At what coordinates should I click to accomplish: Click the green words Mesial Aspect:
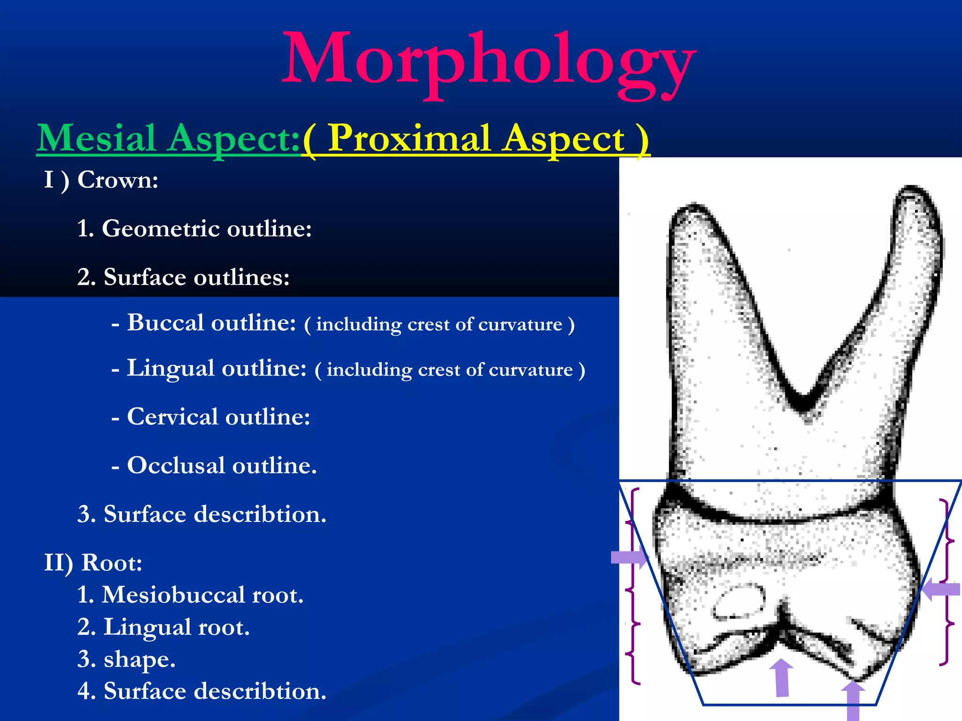coord(168,138)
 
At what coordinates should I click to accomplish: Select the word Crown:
coord(117,180)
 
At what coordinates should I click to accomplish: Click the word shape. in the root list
coord(140,659)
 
